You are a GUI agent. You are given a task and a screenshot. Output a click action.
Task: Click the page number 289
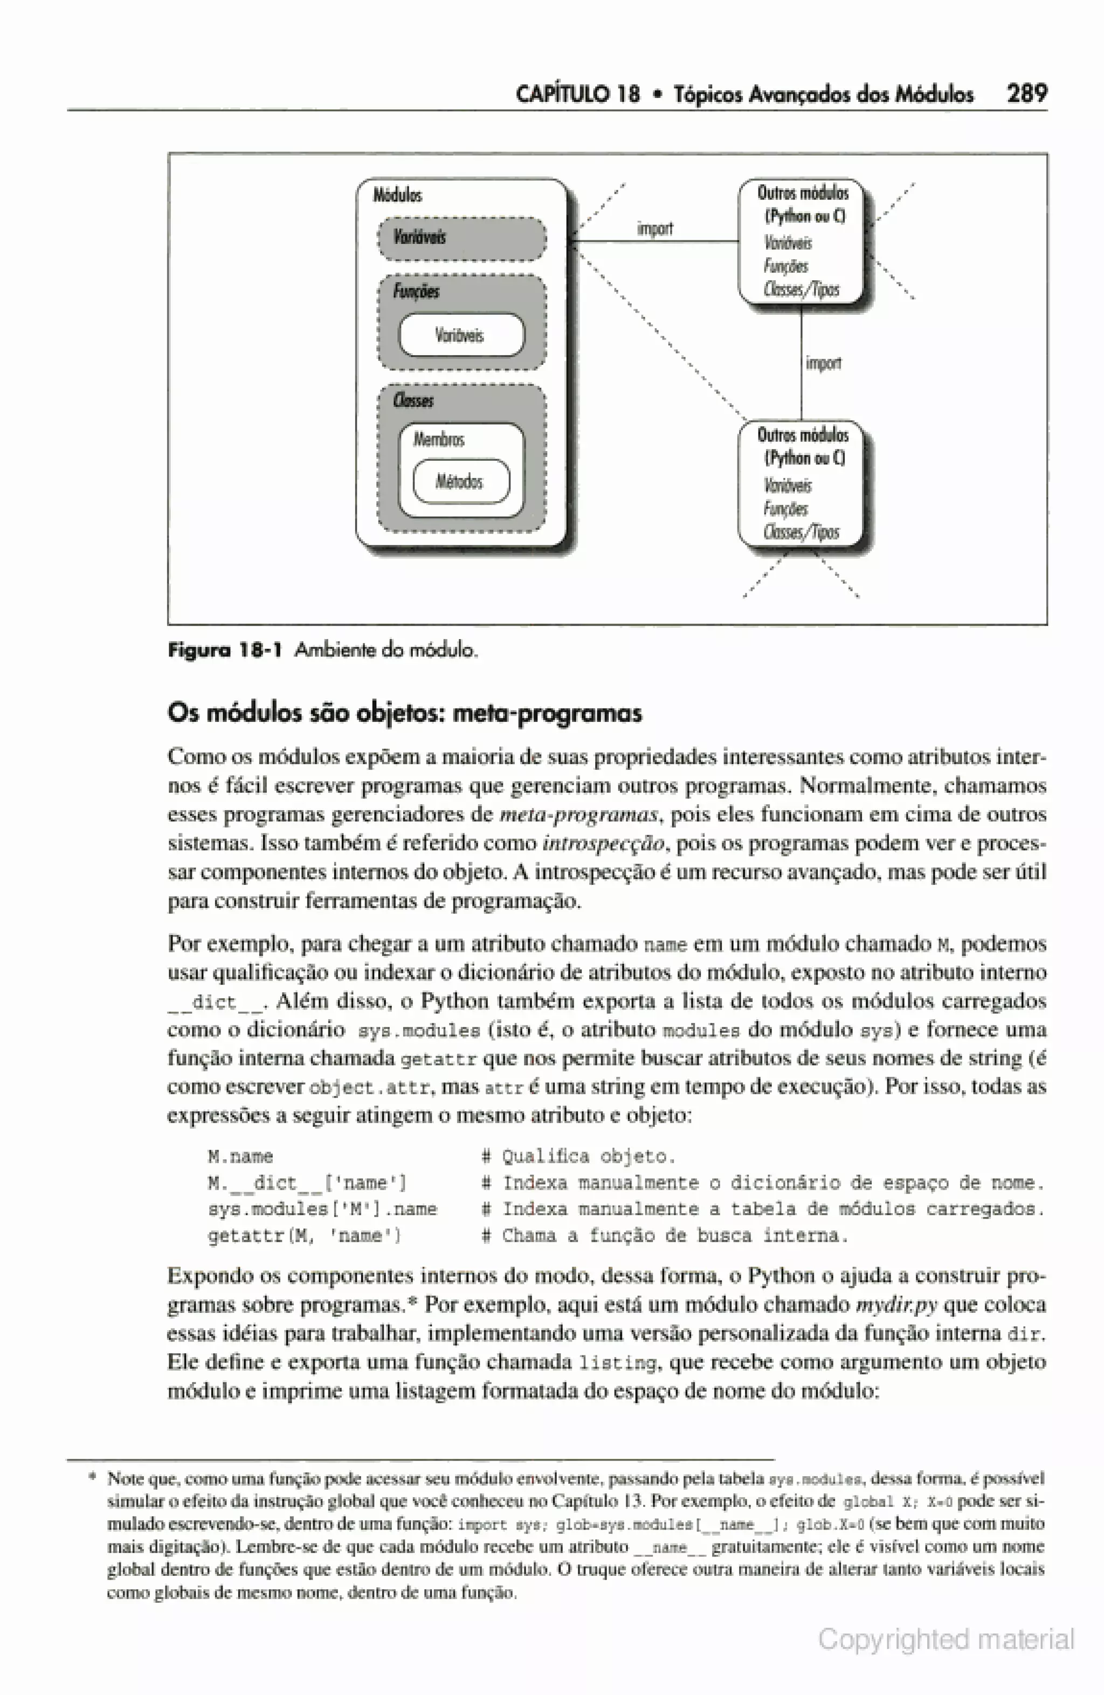(x=1026, y=93)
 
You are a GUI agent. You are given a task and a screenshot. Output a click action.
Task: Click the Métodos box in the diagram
(x=461, y=482)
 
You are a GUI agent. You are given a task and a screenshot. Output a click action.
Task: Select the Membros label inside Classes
(x=439, y=439)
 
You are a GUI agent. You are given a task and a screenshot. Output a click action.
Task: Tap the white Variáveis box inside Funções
(x=461, y=335)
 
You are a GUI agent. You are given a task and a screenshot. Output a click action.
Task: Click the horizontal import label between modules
(x=654, y=229)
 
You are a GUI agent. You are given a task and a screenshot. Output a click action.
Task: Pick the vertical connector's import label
(x=823, y=363)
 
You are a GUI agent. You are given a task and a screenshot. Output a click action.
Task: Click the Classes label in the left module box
(x=413, y=400)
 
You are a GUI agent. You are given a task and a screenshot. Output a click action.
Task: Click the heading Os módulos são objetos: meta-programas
(x=404, y=713)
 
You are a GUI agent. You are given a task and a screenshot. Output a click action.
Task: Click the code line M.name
(x=240, y=1157)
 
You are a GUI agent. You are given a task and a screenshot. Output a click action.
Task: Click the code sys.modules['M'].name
(x=322, y=1209)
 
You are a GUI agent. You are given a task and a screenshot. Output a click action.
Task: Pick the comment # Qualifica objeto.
(x=578, y=1157)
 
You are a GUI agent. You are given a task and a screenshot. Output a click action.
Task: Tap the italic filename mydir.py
(x=896, y=1305)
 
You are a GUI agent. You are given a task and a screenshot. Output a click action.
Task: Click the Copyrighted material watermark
(x=945, y=1639)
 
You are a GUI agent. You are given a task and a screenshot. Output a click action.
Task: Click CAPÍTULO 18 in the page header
(x=578, y=94)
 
